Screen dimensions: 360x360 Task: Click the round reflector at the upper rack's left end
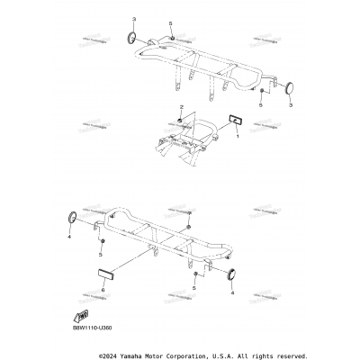[131, 37]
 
